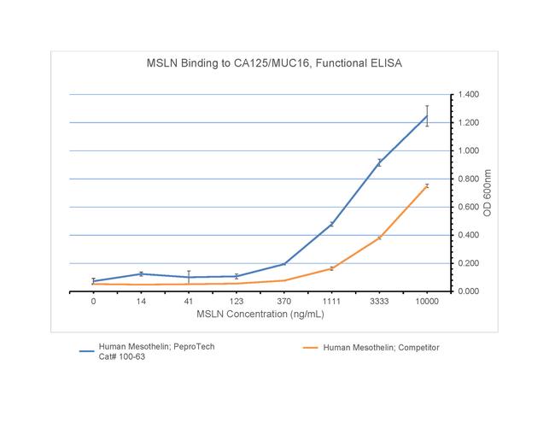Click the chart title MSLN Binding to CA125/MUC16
(x=271, y=63)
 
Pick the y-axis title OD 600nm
(x=488, y=192)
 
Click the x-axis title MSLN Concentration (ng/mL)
(x=260, y=314)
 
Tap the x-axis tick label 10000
(x=427, y=302)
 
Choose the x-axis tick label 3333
(x=379, y=302)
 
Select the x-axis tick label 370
(x=283, y=302)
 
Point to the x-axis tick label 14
(x=141, y=302)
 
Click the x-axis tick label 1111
(x=331, y=302)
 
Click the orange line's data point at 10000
(x=427, y=185)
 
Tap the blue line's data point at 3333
(x=379, y=162)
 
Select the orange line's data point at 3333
(x=379, y=238)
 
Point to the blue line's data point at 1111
(x=331, y=224)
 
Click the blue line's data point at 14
(x=141, y=273)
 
